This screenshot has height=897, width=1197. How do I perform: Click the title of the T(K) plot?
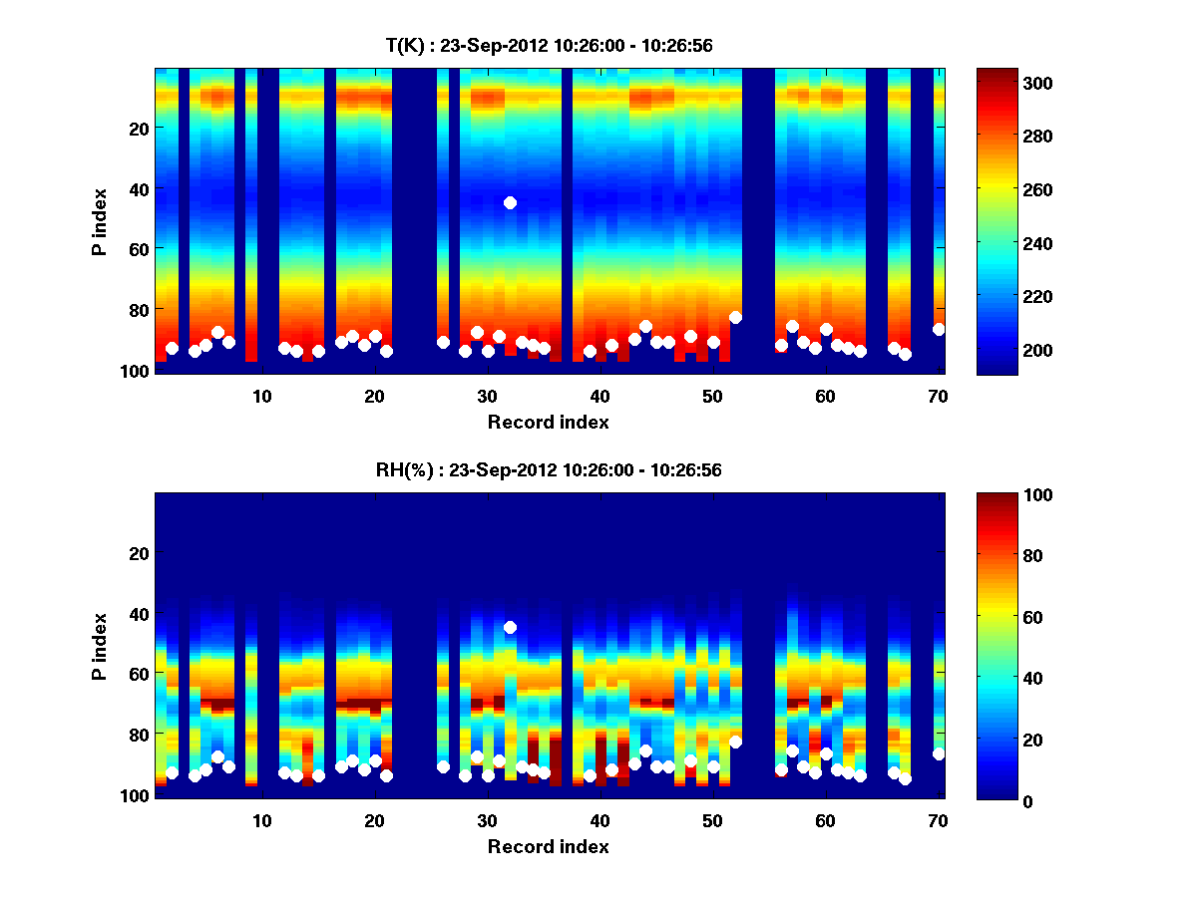coord(549,46)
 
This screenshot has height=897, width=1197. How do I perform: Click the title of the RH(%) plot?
coord(549,470)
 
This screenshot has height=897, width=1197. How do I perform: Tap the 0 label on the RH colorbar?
coord(993,800)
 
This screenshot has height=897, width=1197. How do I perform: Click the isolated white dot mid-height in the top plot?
coord(510,202)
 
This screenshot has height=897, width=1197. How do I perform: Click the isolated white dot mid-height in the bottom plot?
coord(510,627)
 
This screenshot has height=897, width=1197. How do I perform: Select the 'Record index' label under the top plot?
coord(549,423)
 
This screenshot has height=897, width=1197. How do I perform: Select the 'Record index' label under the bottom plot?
coord(549,847)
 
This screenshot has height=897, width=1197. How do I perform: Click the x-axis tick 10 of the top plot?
coord(261,396)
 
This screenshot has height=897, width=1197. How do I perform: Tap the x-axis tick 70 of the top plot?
coord(938,396)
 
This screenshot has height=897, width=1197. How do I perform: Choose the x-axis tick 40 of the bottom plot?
coord(599,820)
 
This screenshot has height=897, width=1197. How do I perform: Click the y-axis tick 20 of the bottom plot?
coord(141,553)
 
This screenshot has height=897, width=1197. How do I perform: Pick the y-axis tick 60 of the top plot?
coord(141,249)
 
